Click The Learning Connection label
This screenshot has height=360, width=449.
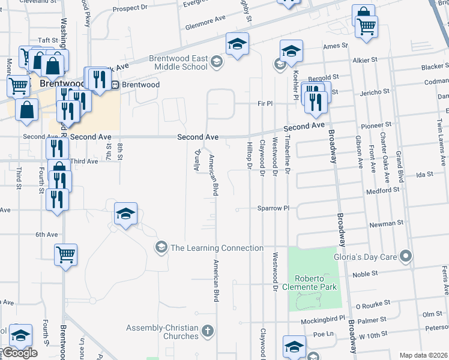coord(217,248)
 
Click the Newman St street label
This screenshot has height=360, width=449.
coord(387,223)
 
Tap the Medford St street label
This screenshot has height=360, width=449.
coord(383,190)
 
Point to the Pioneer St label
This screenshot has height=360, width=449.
coord(377,125)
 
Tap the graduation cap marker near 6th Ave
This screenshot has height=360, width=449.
coord(126,214)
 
